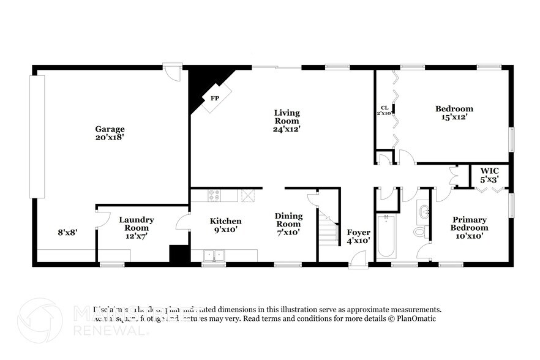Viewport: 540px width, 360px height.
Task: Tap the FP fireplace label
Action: [x=215, y=98]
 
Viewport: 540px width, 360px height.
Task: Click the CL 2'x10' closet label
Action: [x=384, y=110]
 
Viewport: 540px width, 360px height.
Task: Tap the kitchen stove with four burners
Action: [x=215, y=195]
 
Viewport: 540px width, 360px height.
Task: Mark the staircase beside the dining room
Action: [x=329, y=227]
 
